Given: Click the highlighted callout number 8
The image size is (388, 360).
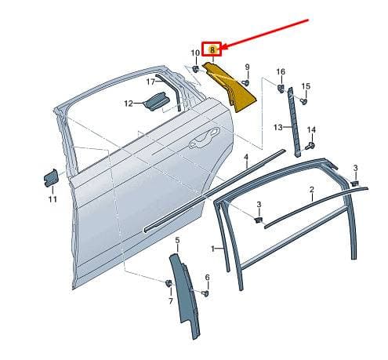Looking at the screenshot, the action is (x=212, y=49).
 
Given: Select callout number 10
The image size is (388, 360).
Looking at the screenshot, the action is (x=195, y=53).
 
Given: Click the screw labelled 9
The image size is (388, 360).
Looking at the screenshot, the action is (x=245, y=83).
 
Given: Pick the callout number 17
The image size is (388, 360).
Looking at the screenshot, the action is (x=150, y=82).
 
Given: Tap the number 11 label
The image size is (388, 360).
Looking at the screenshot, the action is (x=53, y=199).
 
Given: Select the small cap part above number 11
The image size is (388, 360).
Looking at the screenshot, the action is (x=51, y=178).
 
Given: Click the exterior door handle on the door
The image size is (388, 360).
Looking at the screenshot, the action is (x=205, y=137).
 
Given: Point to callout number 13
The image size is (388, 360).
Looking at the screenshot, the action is (x=278, y=127).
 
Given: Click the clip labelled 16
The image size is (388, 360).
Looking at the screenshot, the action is (x=281, y=88).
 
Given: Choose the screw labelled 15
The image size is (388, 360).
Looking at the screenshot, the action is (x=303, y=100).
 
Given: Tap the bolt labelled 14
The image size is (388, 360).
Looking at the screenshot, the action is (x=311, y=145).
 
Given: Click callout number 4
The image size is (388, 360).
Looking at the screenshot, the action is (x=246, y=158).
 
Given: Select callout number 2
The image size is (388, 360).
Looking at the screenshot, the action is (x=312, y=190).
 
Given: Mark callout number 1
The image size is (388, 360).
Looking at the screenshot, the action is (x=213, y=249).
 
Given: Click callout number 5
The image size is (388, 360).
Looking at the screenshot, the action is (x=177, y=240).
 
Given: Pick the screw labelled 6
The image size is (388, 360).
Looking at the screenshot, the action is (x=206, y=293).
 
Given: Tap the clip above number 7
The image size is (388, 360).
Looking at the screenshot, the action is (x=169, y=283).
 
